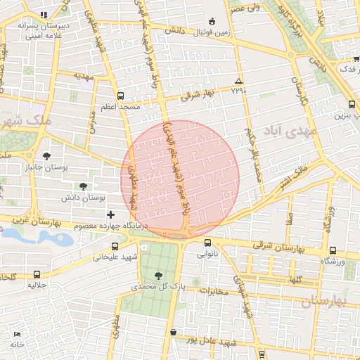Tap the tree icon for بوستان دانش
84,186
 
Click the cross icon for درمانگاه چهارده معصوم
110,214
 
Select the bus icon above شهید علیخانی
115,247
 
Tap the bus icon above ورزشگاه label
333,251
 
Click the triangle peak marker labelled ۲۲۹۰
239,81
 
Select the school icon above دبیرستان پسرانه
43,15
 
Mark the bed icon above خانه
16,333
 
